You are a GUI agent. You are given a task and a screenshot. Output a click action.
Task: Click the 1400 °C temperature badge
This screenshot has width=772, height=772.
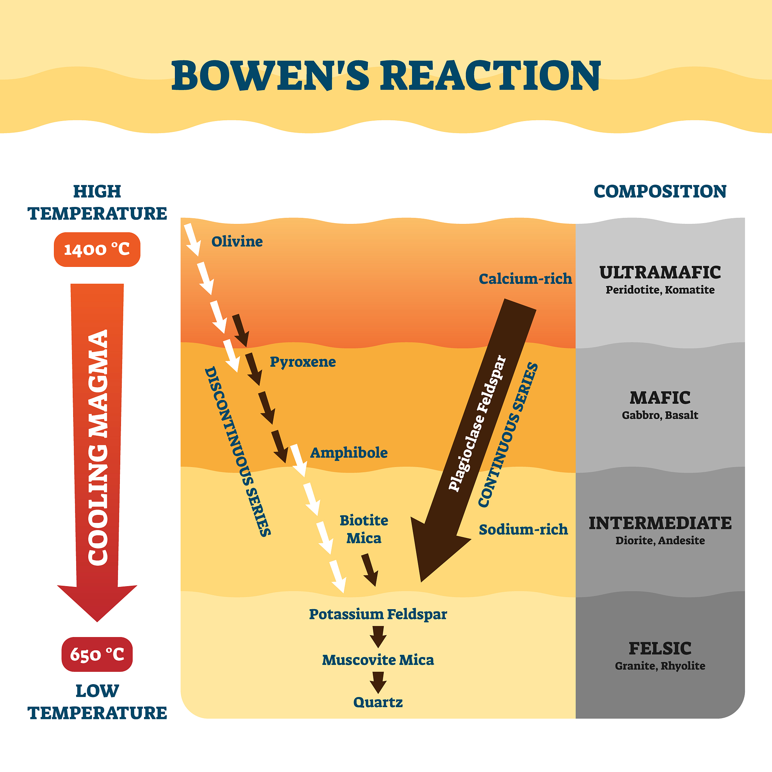pos(97,249)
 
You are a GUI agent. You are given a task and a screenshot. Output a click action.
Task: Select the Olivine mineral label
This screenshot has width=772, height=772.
pos(237,241)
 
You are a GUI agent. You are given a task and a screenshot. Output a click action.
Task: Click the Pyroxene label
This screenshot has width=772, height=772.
pos(302,361)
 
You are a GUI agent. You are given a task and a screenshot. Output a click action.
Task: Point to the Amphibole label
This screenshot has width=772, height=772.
pos(348,453)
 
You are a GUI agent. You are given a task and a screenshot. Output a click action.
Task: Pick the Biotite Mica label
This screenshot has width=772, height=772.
pos(364,529)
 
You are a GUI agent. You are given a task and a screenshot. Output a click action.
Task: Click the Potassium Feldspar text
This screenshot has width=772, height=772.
pos(378,614)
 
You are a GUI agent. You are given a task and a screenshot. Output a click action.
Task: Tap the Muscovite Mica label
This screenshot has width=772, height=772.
pos(378,660)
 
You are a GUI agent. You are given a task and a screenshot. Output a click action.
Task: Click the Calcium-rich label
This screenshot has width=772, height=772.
pos(525,279)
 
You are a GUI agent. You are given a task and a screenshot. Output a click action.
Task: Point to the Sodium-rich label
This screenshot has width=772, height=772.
pos(523,530)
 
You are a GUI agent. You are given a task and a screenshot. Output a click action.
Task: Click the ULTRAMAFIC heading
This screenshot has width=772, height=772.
pos(660,273)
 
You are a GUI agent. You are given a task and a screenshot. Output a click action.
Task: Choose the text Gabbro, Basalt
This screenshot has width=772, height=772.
pos(660,415)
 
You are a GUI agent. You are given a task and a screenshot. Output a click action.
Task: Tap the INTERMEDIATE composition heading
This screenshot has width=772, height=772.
pos(660,523)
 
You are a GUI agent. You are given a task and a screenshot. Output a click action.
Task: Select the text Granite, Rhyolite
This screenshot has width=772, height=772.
pos(660,666)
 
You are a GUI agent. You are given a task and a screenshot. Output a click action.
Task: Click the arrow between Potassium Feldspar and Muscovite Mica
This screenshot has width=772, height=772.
pos(378,637)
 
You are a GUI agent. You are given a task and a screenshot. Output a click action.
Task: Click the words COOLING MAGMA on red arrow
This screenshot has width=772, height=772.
pos(98,447)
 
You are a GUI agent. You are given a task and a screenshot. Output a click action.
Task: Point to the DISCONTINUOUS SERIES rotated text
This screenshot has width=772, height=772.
pos(238,452)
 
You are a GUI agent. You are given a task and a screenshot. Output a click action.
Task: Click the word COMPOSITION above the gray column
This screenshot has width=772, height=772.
pos(660,191)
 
